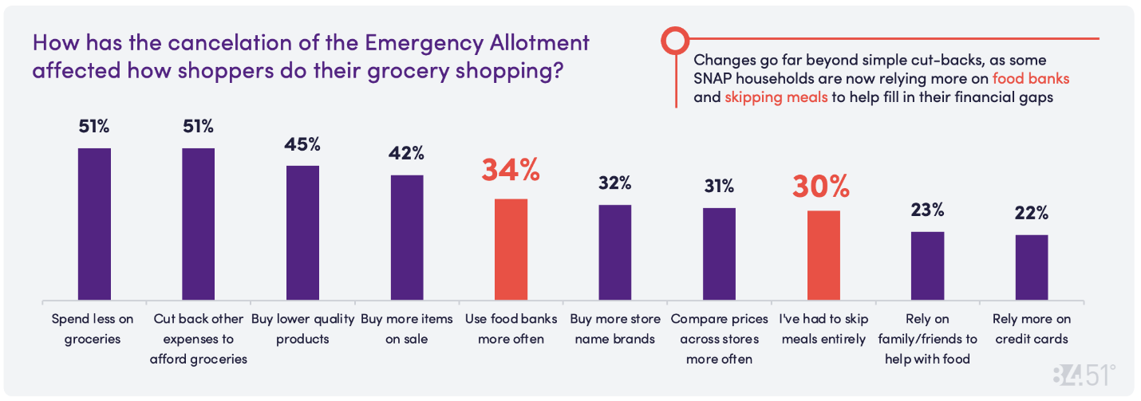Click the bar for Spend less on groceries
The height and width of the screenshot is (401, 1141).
(x=94, y=224)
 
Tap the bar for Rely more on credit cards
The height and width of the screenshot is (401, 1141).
(x=1032, y=267)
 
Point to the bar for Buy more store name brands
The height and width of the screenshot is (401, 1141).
(x=615, y=252)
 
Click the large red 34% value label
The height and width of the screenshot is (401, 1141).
(x=511, y=171)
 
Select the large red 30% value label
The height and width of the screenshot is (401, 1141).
(x=821, y=186)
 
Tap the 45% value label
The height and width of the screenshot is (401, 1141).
(x=302, y=144)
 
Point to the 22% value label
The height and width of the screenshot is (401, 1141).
(x=1032, y=214)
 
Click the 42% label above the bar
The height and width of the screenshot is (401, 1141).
(x=407, y=153)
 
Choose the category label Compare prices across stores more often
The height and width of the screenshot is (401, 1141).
(x=719, y=339)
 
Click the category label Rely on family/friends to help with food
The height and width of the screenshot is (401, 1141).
(x=927, y=339)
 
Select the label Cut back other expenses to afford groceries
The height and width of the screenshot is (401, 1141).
(x=199, y=339)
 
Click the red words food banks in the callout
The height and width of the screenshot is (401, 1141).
(x=1031, y=79)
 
